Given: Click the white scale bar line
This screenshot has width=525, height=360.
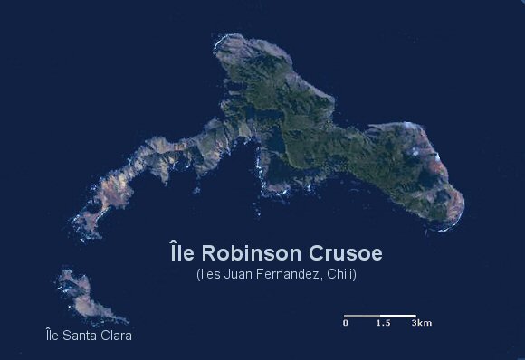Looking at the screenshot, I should point(380,316).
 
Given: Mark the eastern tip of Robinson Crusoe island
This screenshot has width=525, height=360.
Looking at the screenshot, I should point(463,201).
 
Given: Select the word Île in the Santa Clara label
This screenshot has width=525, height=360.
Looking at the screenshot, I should point(53,336).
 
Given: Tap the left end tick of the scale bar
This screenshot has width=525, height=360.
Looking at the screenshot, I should point(345,316).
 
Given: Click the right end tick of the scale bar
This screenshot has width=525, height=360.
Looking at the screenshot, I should point(415,316).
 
